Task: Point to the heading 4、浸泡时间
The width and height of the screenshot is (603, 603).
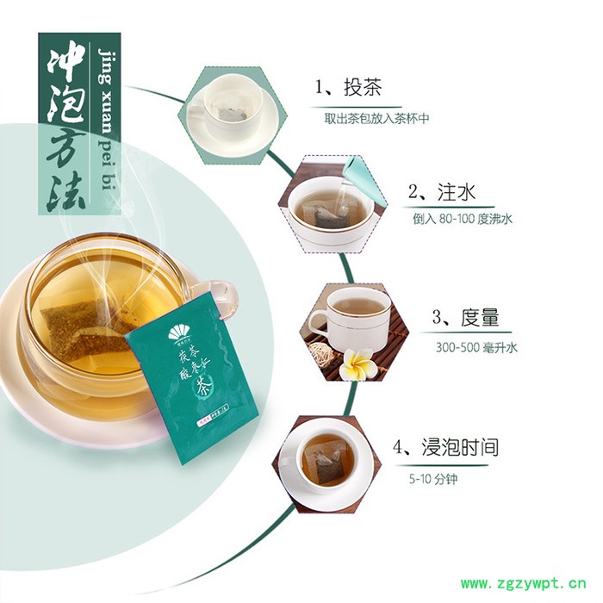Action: point(445,448)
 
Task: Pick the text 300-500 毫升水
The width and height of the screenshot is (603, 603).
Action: point(475,347)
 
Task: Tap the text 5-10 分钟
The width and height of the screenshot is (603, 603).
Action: point(432,478)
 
